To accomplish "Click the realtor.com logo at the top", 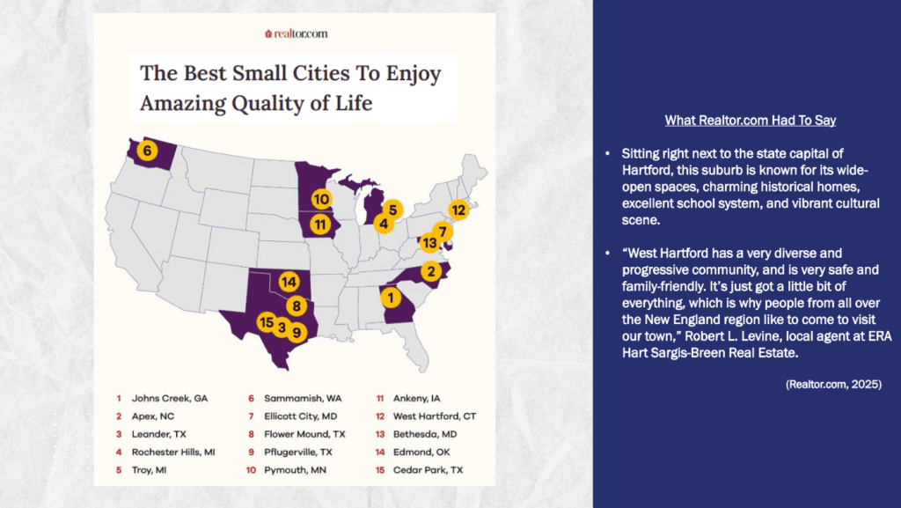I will [x=296, y=33].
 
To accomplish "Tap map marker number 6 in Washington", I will [x=147, y=151].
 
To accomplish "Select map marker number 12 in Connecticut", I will [x=458, y=210].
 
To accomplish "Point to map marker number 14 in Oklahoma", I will [x=289, y=282].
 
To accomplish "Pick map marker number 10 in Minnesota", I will [x=321, y=199].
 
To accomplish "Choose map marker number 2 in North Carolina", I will [x=430, y=270].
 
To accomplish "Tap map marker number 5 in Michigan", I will [x=392, y=210].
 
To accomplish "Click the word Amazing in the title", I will [x=183, y=103].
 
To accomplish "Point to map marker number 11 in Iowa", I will [x=319, y=225].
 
